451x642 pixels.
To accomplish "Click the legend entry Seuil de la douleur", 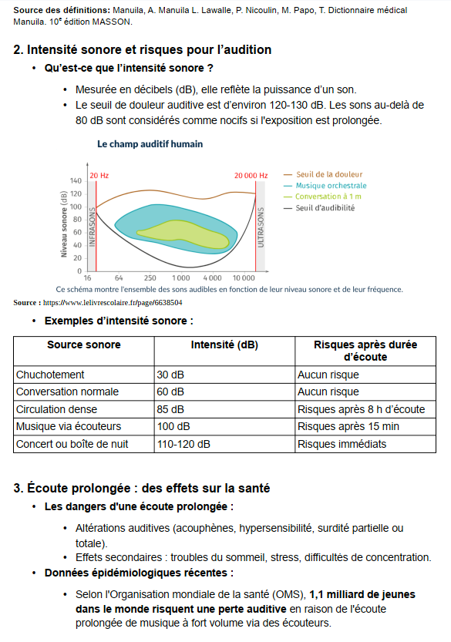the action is [x=329, y=174].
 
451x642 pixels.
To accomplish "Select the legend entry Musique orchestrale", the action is [x=331, y=186].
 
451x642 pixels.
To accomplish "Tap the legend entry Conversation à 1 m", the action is [x=328, y=197].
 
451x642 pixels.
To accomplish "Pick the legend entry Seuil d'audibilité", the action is [x=325, y=207].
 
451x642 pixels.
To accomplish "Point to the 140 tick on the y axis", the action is [x=76, y=180].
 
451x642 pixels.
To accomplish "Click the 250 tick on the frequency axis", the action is [x=150, y=278].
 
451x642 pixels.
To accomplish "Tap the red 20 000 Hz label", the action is [x=251, y=176].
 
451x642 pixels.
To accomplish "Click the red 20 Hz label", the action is [x=99, y=176].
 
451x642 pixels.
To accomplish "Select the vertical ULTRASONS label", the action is [x=261, y=227].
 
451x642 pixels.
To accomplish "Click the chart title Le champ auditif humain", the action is [x=150, y=144].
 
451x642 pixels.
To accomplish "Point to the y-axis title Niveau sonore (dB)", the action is [x=63, y=224].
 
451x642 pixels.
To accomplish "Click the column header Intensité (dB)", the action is [x=224, y=345].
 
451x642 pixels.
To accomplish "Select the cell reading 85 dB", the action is [x=170, y=409].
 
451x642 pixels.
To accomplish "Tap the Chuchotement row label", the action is [x=50, y=375].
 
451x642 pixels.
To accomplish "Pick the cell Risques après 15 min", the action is [x=348, y=427].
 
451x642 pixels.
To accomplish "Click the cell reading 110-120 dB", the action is [x=183, y=444].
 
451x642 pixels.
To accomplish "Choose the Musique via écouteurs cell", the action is [x=69, y=427].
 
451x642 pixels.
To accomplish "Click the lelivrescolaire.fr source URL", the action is [x=113, y=303].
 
